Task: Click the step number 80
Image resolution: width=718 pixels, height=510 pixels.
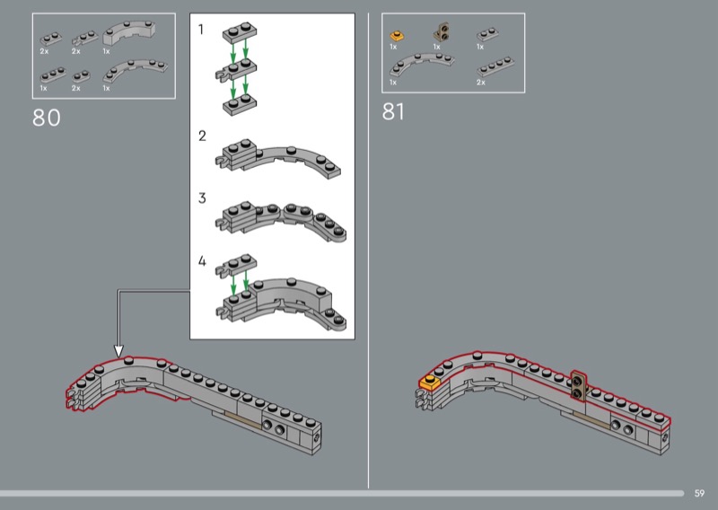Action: (x=47, y=118)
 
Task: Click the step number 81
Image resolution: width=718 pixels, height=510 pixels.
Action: (x=393, y=112)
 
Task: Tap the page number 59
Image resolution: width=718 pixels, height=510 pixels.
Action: (x=699, y=493)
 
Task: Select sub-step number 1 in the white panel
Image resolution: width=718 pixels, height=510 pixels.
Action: (x=200, y=30)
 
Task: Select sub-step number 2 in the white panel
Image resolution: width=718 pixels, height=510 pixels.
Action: (x=202, y=136)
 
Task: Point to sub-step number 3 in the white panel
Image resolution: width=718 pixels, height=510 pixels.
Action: (x=202, y=198)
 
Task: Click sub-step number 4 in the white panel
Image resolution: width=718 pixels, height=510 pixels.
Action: (x=202, y=261)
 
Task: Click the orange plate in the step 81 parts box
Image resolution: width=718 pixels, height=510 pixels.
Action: (x=397, y=35)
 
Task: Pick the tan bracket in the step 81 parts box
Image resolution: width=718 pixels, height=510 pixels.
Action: (x=442, y=32)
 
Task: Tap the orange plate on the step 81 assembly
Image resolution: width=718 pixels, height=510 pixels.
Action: (x=430, y=382)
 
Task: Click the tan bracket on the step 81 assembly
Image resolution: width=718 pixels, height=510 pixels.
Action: (x=579, y=386)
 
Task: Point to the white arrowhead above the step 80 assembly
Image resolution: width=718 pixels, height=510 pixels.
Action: (x=118, y=351)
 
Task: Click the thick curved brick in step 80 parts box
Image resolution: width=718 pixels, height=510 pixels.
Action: (x=128, y=32)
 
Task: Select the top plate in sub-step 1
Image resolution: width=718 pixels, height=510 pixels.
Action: (x=240, y=32)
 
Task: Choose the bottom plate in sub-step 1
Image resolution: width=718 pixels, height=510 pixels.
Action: (x=240, y=105)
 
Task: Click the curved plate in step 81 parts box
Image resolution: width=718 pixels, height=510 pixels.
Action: (x=421, y=65)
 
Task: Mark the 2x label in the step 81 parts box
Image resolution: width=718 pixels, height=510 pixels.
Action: (x=481, y=83)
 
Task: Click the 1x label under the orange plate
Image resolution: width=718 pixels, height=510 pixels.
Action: (x=393, y=47)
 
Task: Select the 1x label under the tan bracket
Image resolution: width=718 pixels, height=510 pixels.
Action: (x=437, y=47)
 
